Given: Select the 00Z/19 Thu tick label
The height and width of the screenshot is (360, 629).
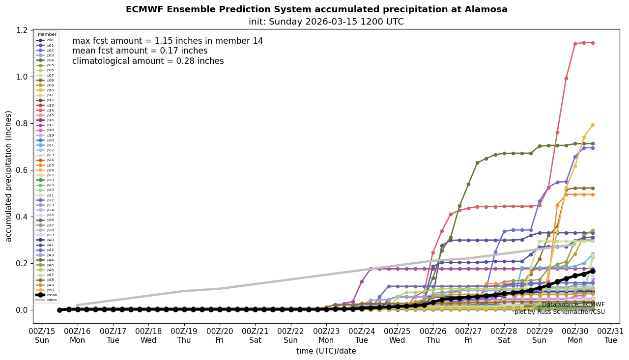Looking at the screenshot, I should [184, 336].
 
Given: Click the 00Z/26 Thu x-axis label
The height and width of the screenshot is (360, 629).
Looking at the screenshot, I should [432, 336].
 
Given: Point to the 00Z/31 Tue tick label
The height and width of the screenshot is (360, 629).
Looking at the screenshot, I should [610, 336].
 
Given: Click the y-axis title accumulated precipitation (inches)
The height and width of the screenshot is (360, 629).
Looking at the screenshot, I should [9, 176].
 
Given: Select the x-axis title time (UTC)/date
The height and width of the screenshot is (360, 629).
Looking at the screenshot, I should [326, 351].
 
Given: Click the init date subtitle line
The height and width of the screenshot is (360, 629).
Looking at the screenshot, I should [326, 22].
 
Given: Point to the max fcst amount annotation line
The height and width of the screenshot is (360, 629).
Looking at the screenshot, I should [168, 41].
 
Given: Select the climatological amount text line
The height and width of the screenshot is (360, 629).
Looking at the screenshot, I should [148, 61].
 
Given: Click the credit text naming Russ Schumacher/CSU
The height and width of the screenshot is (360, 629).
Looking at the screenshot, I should [559, 312].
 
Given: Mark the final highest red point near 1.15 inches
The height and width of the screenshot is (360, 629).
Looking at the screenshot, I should [593, 43].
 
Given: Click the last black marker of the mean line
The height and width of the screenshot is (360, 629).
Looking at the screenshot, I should [593, 271].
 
